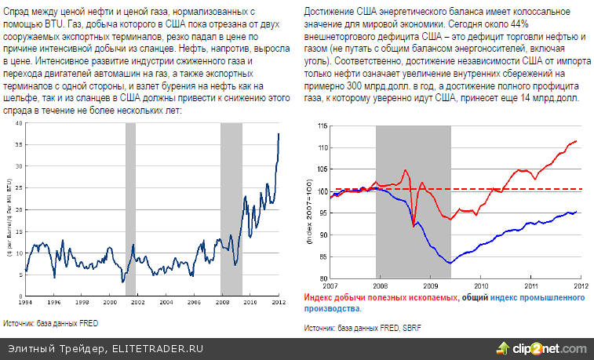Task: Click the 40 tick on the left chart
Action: point(17,123)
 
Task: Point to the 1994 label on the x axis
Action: point(26,302)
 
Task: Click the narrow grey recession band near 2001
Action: point(130,208)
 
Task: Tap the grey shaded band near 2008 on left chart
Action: point(231,208)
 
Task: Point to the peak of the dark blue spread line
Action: point(279,134)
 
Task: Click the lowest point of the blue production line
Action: point(450,263)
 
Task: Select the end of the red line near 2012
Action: point(577,141)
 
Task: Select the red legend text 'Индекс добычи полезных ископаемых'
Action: point(380,299)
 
